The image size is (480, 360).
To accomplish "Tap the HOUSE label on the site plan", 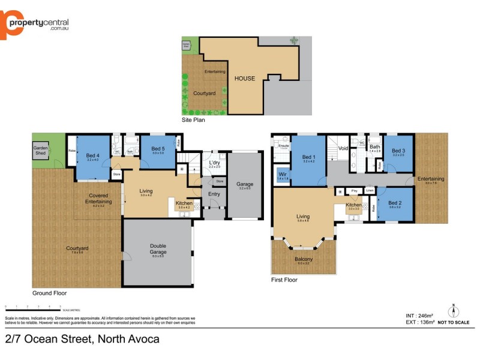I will tap(244, 79).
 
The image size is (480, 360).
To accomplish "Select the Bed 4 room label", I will tap(92, 155).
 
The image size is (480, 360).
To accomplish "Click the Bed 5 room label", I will tap(158, 149).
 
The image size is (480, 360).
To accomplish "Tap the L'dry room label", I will tap(215, 163).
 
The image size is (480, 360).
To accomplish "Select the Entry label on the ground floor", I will tap(214, 194).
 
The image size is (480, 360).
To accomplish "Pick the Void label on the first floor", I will tap(343, 148).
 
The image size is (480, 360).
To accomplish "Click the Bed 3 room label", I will tap(398, 151).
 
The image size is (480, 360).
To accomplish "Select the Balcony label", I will tap(304, 259).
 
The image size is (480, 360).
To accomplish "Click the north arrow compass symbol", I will tap(454, 311).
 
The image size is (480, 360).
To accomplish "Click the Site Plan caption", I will tap(193, 120).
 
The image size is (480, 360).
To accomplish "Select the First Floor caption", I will tap(284, 280).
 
